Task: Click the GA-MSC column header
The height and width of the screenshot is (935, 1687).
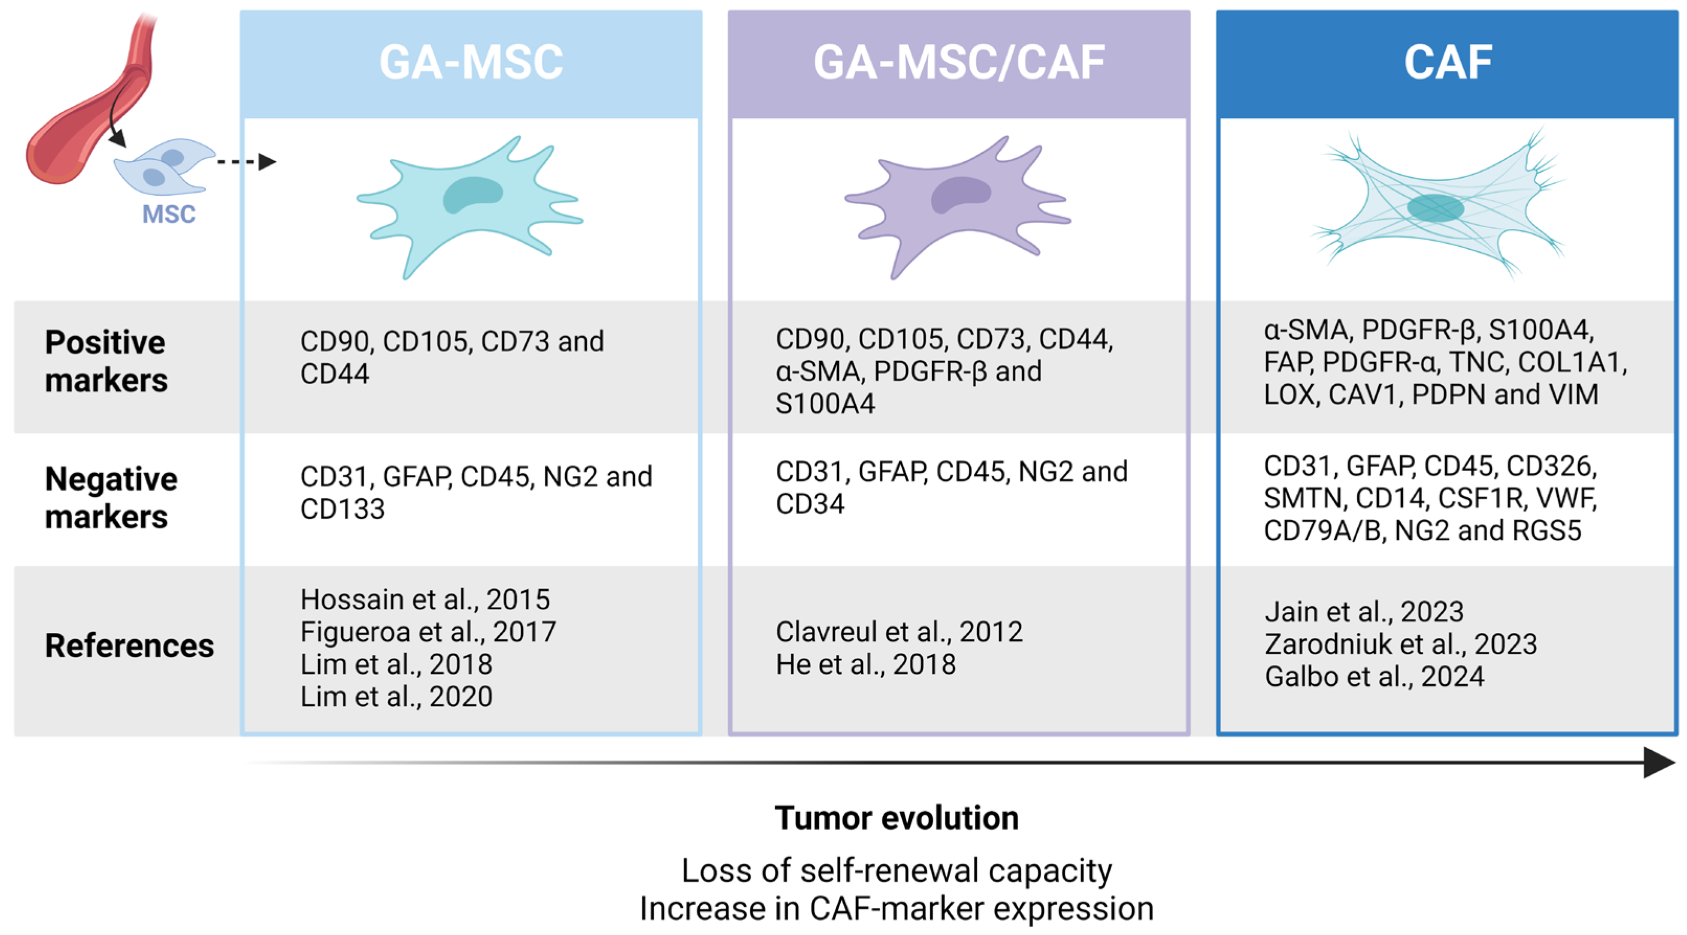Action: pyautogui.click(x=471, y=62)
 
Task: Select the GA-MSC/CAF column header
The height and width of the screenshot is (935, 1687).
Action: pyautogui.click(x=959, y=62)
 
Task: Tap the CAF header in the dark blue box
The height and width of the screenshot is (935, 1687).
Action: pyautogui.click(x=1447, y=62)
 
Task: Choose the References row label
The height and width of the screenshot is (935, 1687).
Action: pyautogui.click(x=129, y=646)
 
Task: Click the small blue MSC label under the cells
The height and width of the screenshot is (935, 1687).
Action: pyautogui.click(x=169, y=214)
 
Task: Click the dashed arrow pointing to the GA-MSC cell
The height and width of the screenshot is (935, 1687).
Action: pyautogui.click(x=245, y=161)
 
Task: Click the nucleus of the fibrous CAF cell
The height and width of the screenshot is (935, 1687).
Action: pyautogui.click(x=1436, y=208)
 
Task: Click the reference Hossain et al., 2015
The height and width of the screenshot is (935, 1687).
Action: pyautogui.click(x=425, y=599)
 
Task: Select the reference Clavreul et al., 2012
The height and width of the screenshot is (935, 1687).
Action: pyautogui.click(x=899, y=632)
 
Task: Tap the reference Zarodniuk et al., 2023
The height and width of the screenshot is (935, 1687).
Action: pyautogui.click(x=1401, y=644)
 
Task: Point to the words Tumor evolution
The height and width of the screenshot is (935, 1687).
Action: pyautogui.click(x=897, y=818)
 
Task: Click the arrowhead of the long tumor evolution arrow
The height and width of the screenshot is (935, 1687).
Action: pyautogui.click(x=1659, y=763)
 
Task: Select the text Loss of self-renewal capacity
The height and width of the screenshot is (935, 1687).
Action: pyautogui.click(x=897, y=871)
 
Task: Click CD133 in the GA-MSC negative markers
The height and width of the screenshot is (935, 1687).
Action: pyautogui.click(x=342, y=509)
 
